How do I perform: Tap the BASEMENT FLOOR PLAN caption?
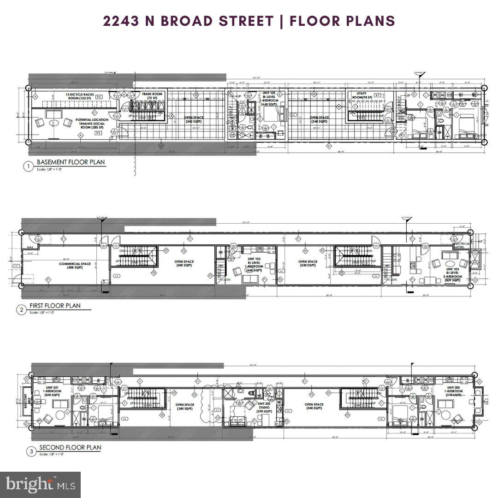pyautogui.click(x=71, y=162)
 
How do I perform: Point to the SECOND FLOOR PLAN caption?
pyautogui.click(x=70, y=447)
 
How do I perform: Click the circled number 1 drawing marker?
pyautogui.click(x=28, y=166)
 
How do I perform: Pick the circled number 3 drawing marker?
pyautogui.click(x=31, y=451)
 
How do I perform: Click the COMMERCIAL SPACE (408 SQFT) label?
pyautogui.click(x=74, y=266)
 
